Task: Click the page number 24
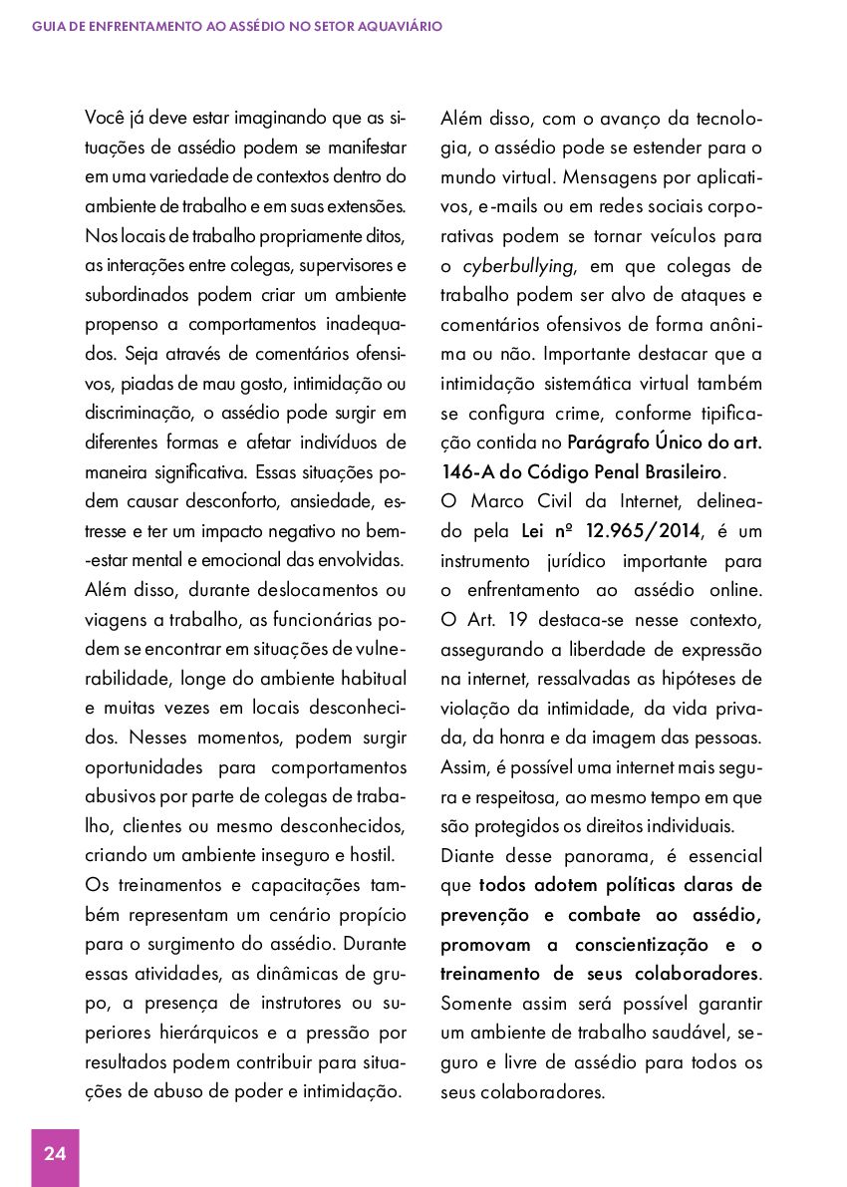[55, 1154]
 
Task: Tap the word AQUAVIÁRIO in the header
[398, 26]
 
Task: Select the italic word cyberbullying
[518, 266]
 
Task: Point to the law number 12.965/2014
[634, 532]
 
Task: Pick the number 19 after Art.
[517, 621]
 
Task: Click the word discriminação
[133, 413]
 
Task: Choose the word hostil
[375, 854]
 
